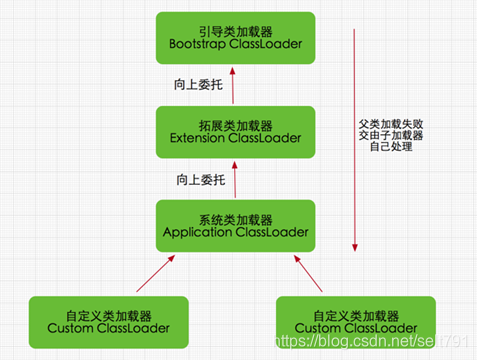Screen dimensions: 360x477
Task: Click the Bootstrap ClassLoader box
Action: point(235,38)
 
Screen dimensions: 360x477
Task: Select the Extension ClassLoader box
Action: point(235,131)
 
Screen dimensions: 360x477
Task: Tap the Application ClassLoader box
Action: point(235,224)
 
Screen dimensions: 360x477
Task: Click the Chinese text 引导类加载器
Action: point(235,28)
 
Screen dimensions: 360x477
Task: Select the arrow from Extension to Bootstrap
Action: point(235,85)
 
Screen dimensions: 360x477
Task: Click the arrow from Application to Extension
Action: point(235,178)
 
